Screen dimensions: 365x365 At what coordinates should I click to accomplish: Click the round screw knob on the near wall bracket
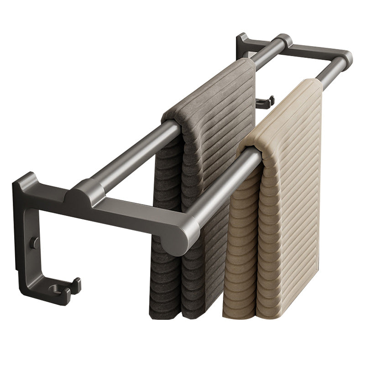[x=35, y=242]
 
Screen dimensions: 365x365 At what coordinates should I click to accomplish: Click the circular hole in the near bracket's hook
[x=55, y=288]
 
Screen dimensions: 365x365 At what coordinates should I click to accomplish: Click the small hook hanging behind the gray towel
[x=265, y=101]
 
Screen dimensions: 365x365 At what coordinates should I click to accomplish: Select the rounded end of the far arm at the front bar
[x=346, y=58]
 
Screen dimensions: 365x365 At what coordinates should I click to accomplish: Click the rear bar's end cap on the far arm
[x=284, y=41]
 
